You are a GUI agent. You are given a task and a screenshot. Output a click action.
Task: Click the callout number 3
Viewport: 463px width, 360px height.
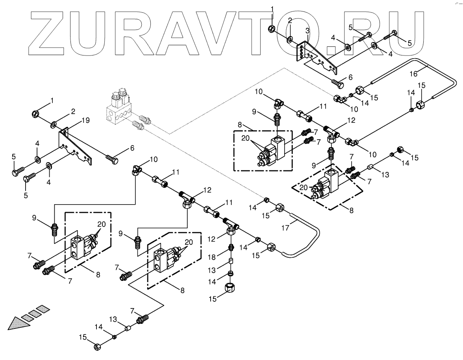pos(307,30)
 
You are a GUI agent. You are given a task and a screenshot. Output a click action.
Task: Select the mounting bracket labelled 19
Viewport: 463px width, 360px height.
pos(77,148)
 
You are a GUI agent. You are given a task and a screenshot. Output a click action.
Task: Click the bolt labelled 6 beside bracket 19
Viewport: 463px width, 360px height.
pos(112,158)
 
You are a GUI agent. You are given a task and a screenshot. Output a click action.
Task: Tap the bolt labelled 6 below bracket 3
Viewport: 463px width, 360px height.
pos(337,84)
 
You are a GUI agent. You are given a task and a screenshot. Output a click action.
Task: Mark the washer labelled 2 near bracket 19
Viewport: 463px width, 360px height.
pos(53,126)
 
